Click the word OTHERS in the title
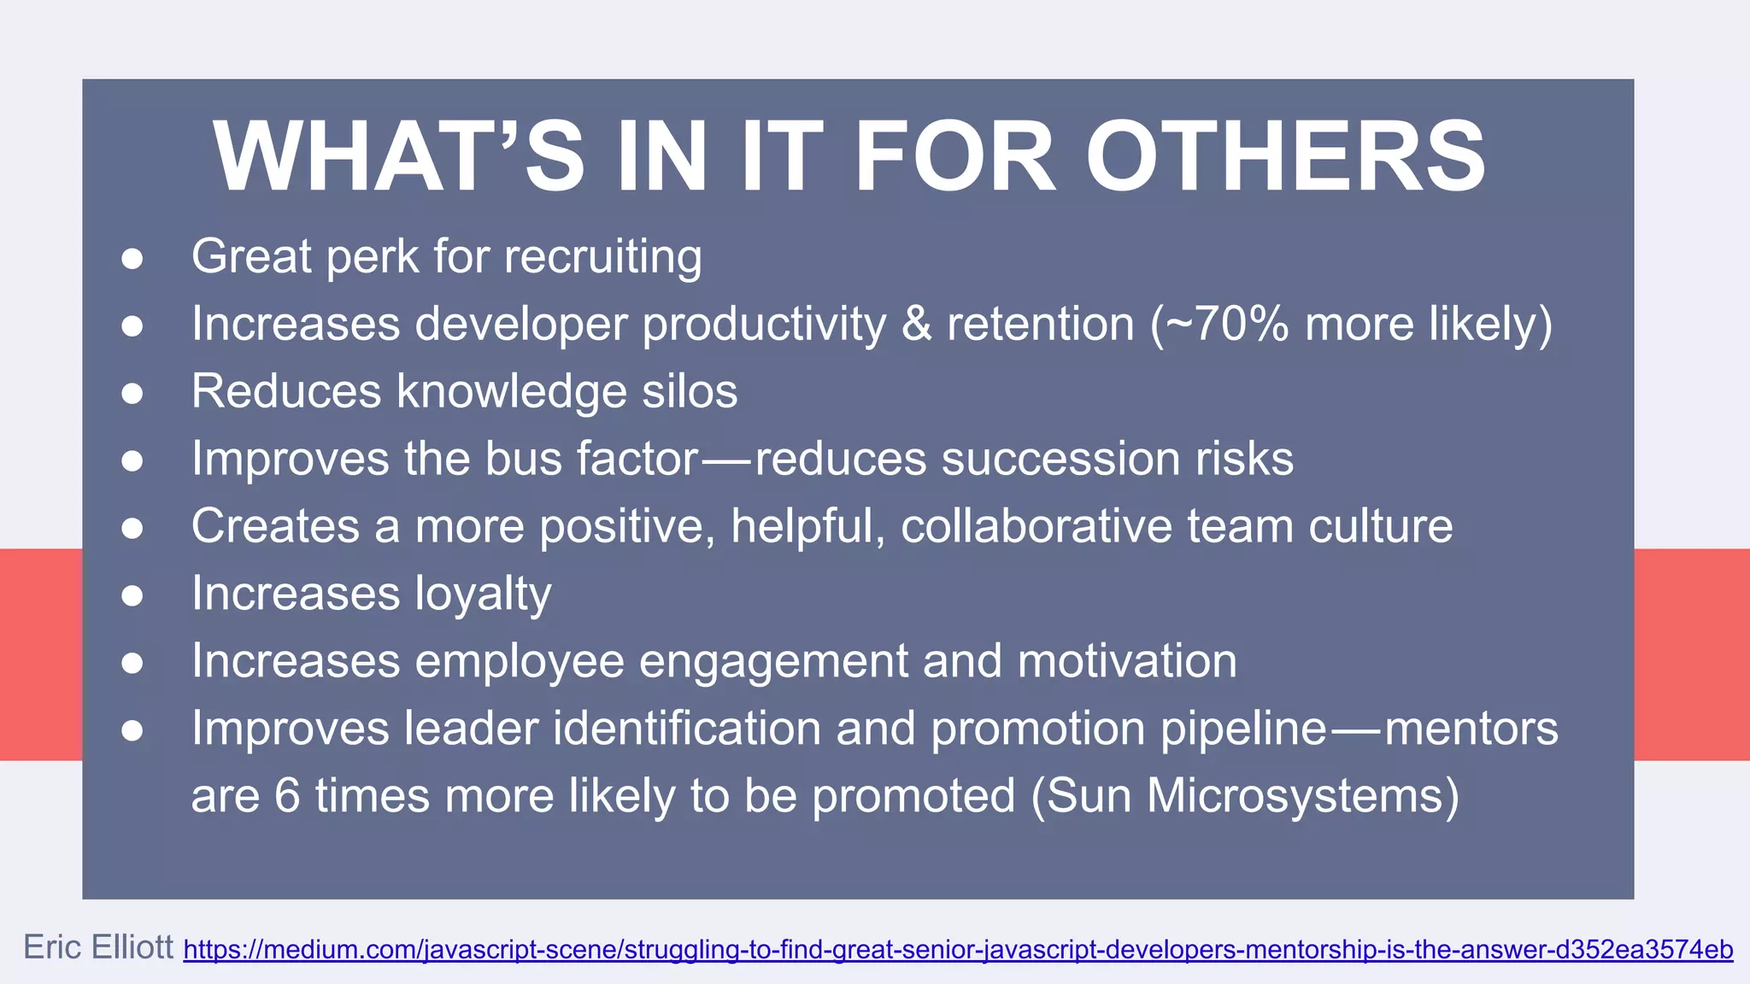(1285, 157)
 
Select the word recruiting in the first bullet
(603, 256)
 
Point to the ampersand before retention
(917, 324)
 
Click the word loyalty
(483, 594)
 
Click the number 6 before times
(287, 796)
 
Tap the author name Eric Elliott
(98, 947)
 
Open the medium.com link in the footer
(958, 950)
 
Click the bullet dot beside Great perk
(132, 258)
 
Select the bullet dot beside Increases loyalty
(132, 595)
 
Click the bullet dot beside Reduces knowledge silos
(132, 393)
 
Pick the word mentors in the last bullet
(1471, 729)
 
